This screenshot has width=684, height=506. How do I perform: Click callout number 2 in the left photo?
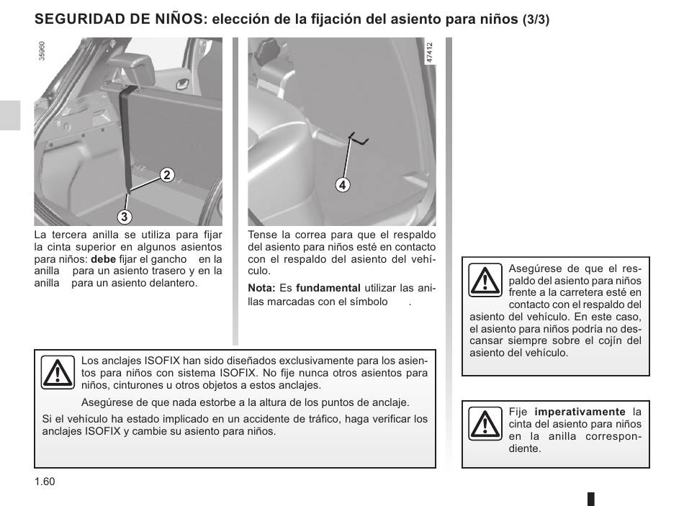click(166, 174)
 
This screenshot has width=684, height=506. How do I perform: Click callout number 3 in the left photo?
click(124, 216)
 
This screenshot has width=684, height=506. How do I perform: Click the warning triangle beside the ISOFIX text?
click(58, 372)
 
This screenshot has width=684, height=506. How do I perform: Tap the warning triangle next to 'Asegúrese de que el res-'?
click(485, 280)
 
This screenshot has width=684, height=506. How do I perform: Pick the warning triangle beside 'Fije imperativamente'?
click(485, 423)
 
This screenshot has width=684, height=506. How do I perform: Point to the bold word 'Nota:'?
click(261, 288)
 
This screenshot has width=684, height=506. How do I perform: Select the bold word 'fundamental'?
click(328, 288)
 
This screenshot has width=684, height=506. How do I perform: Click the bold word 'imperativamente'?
click(580, 412)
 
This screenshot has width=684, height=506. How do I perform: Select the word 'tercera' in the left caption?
click(71, 235)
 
